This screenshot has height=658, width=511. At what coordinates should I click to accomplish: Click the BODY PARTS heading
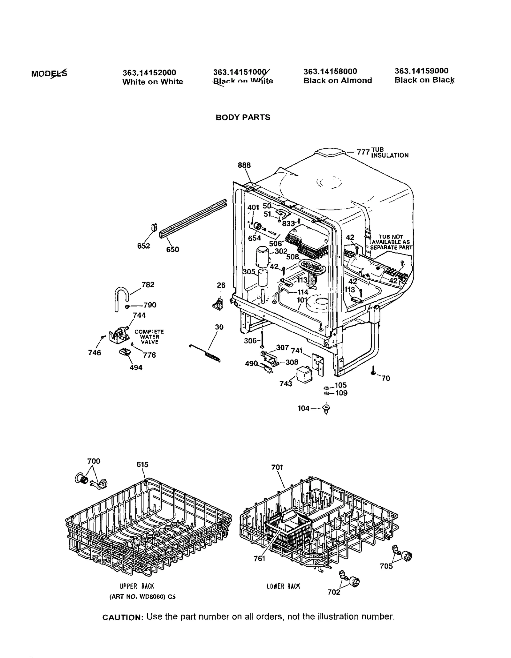(243, 117)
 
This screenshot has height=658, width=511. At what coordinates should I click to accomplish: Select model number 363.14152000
(149, 73)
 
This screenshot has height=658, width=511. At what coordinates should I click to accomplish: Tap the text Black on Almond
(338, 80)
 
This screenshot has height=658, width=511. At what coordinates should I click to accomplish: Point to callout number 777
(363, 152)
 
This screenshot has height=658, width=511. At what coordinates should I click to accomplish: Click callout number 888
(244, 165)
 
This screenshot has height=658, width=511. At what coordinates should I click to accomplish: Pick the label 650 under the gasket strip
(172, 250)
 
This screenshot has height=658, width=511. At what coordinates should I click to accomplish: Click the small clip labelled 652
(154, 227)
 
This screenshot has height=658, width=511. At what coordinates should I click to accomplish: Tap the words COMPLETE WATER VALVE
(149, 337)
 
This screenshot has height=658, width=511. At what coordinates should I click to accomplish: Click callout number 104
(303, 408)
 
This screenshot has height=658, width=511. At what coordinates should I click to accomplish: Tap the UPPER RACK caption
(137, 586)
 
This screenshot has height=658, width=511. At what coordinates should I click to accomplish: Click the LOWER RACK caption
(283, 586)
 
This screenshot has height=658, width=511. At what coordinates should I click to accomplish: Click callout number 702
(334, 592)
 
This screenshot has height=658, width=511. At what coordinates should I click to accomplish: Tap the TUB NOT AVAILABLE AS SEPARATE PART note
(391, 242)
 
